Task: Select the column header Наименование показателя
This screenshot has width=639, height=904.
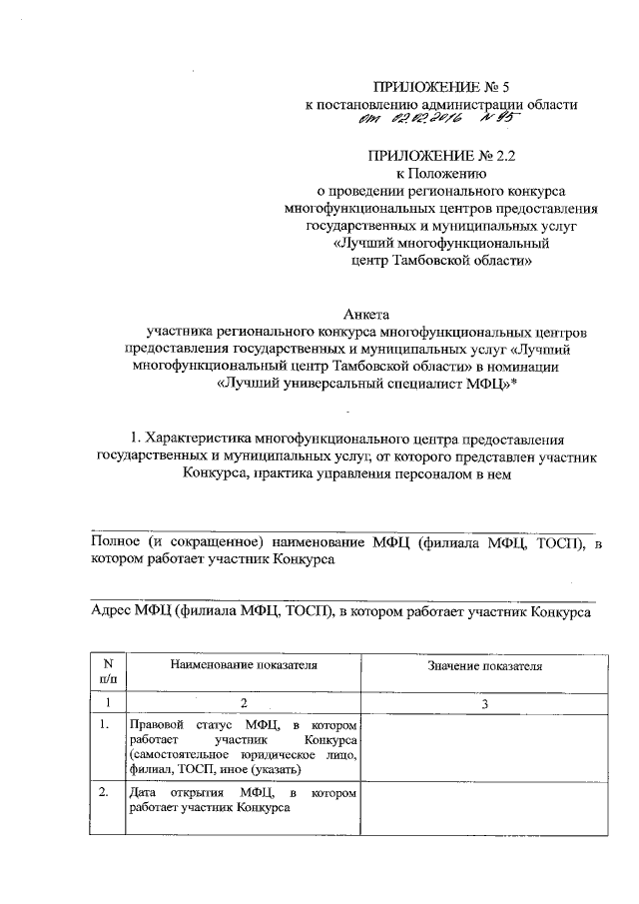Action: (x=244, y=662)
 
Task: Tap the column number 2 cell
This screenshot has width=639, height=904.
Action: (x=244, y=705)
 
